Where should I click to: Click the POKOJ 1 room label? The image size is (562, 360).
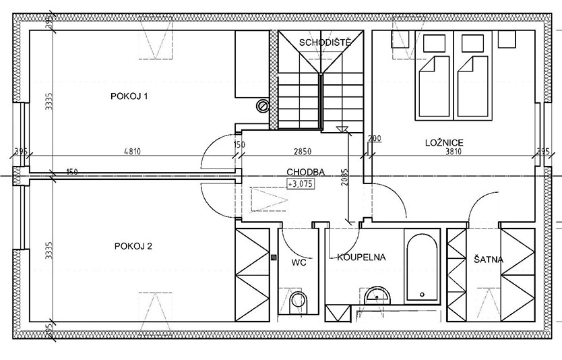point(129,96)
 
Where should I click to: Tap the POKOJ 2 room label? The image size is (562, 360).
point(133,246)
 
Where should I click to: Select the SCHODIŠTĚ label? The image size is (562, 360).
point(324,42)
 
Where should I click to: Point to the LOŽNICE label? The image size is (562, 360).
point(444,143)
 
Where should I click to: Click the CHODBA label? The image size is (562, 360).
point(306,172)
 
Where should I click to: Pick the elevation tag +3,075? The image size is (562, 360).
point(301,183)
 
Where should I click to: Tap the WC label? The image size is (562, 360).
point(299,262)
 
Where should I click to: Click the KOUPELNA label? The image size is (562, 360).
point(361,257)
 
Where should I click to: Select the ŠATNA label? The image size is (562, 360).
point(488,260)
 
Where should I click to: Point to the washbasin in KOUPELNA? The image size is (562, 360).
point(377,295)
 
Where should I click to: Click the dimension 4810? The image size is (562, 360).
point(132,152)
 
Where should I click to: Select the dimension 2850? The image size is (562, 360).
point(303,152)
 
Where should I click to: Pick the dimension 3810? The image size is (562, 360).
point(454,152)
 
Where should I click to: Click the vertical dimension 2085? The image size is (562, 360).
point(344,177)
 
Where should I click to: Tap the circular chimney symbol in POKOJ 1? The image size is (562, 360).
point(262,105)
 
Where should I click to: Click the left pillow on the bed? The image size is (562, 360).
point(434,43)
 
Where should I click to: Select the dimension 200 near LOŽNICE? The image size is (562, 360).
point(375,138)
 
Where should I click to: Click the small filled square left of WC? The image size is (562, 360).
point(274,257)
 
